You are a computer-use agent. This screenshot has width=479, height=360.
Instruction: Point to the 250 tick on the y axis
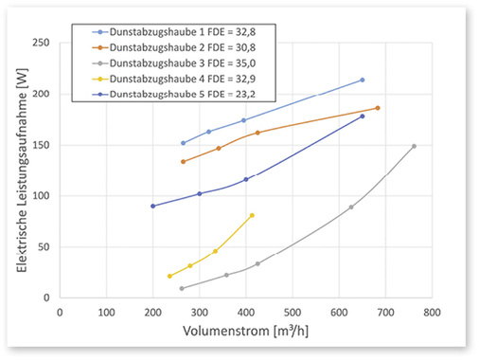click(42, 43)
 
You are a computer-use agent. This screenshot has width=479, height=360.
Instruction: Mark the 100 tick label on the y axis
click(42, 196)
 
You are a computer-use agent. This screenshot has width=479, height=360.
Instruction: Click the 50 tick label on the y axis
click(44, 247)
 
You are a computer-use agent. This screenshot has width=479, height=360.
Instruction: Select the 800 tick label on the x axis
click(432, 311)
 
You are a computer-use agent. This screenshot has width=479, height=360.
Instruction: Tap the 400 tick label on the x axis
click(246, 311)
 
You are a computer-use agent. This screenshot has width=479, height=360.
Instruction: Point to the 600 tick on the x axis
click(339, 311)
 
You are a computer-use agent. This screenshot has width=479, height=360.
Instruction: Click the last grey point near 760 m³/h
click(414, 146)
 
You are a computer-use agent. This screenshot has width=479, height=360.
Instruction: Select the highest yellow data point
click(252, 215)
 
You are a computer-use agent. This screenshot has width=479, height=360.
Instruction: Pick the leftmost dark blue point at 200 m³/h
click(152, 206)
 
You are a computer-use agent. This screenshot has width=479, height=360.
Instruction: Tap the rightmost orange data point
click(377, 108)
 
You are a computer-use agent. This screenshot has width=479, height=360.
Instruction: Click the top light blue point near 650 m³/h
click(363, 80)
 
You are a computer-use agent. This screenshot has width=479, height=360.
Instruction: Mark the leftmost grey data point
click(181, 288)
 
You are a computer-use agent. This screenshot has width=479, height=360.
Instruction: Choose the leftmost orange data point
click(183, 161)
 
